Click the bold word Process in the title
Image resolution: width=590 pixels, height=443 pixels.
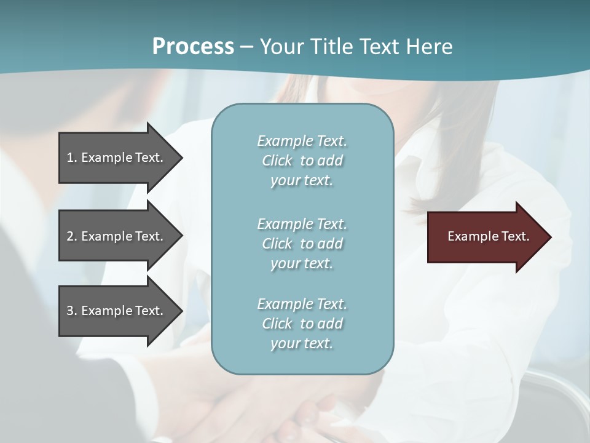pyautogui.click(x=193, y=47)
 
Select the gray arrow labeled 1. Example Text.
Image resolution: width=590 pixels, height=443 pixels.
pyautogui.click(x=117, y=158)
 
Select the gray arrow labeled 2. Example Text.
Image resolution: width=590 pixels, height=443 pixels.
pyautogui.click(x=117, y=236)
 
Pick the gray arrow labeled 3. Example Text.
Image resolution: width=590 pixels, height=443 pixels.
pyautogui.click(x=117, y=311)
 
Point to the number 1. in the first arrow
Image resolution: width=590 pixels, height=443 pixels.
pyautogui.click(x=72, y=158)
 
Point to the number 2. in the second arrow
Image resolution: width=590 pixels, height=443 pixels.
pyautogui.click(x=72, y=236)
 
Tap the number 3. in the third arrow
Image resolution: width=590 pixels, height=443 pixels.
pyautogui.click(x=72, y=311)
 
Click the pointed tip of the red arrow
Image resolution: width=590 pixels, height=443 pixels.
pyautogui.click(x=548, y=237)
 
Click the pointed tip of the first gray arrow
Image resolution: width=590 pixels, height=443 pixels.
pyautogui.click(x=179, y=158)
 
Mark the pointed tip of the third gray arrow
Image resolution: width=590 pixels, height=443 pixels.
pyautogui.click(x=179, y=311)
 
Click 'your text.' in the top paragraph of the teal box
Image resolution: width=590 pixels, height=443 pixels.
pyautogui.click(x=302, y=181)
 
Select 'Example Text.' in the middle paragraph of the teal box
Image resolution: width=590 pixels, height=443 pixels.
pyautogui.click(x=302, y=224)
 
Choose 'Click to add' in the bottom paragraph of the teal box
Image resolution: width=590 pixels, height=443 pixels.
pyautogui.click(x=302, y=324)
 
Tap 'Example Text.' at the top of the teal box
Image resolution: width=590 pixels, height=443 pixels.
pyautogui.click(x=302, y=141)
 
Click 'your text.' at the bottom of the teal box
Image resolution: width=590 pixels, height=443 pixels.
pyautogui.click(x=302, y=343)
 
